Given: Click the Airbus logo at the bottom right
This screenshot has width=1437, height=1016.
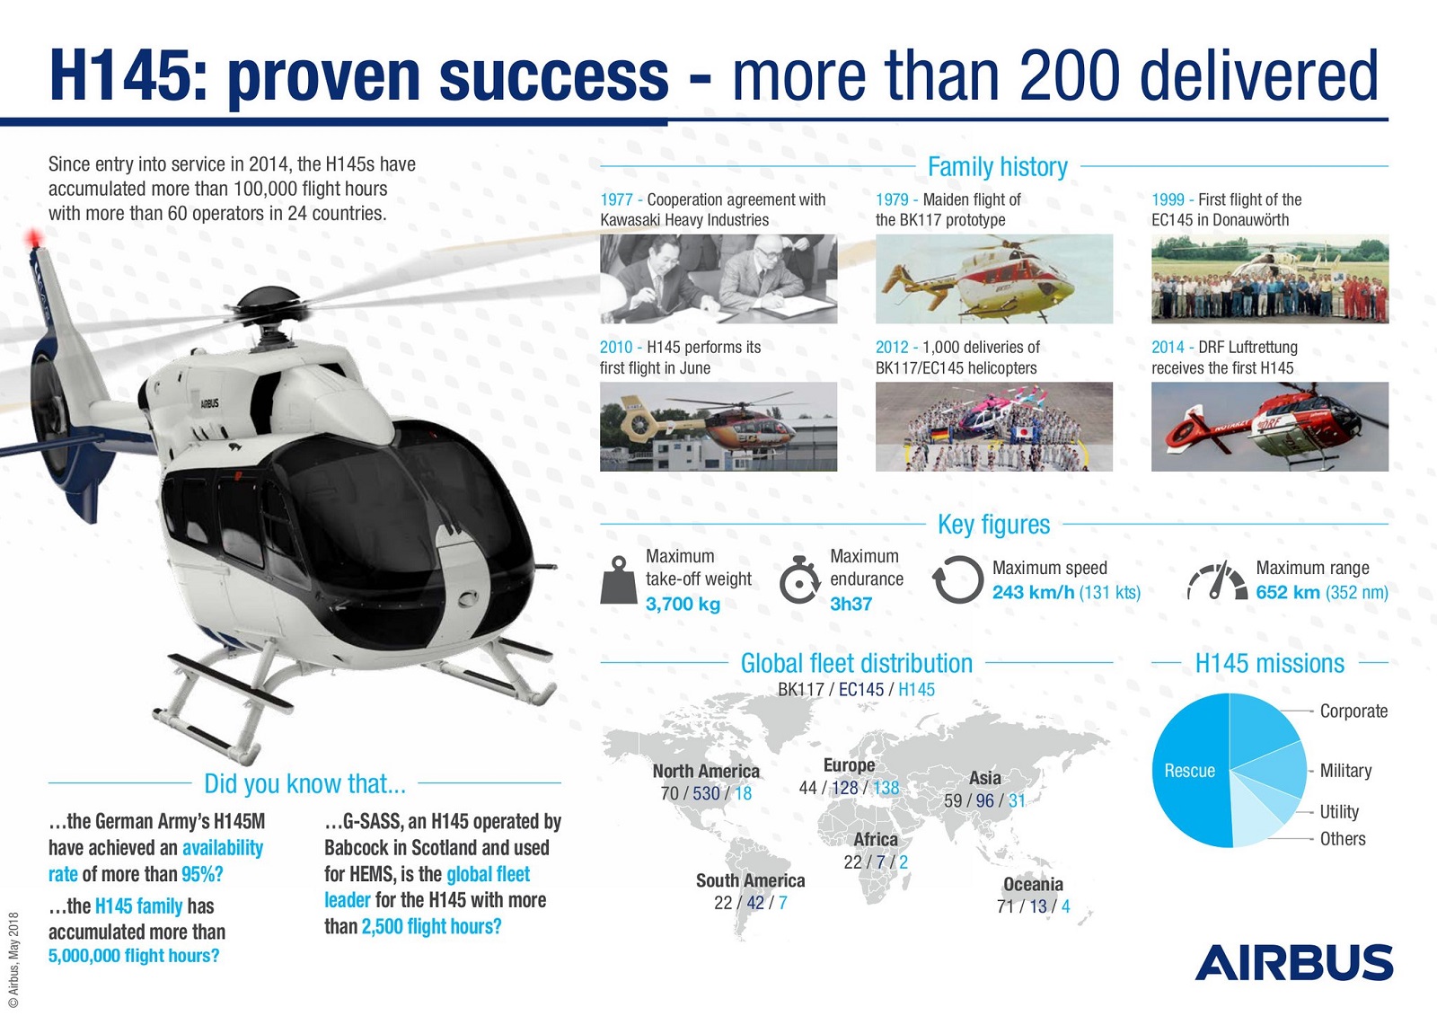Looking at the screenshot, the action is (x=1294, y=962).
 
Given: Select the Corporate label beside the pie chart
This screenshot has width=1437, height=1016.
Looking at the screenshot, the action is (x=1353, y=711).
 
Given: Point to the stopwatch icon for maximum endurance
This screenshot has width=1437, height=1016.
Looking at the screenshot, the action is (x=799, y=579).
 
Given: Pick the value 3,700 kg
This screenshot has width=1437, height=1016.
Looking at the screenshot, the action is (x=683, y=604).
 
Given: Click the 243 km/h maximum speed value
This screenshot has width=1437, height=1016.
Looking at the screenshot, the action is (x=1033, y=592).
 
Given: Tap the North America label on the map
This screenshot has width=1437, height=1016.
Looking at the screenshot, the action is (x=706, y=771).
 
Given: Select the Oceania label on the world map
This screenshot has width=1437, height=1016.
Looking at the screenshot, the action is (x=1033, y=884).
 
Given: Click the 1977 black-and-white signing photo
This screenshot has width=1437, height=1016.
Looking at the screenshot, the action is (x=718, y=278).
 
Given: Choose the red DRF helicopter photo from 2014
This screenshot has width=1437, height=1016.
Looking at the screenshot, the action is (x=1270, y=427).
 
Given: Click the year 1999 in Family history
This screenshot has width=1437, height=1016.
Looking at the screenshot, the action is (x=1168, y=199).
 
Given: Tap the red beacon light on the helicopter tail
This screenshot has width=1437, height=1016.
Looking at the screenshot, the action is (x=33, y=238).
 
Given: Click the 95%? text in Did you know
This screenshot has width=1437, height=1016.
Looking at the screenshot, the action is (x=202, y=874).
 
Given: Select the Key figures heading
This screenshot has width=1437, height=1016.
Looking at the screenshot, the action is (x=993, y=525).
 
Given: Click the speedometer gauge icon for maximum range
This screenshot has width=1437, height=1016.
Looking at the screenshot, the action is (x=1217, y=580).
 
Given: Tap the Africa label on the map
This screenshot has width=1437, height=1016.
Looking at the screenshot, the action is (x=876, y=839).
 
